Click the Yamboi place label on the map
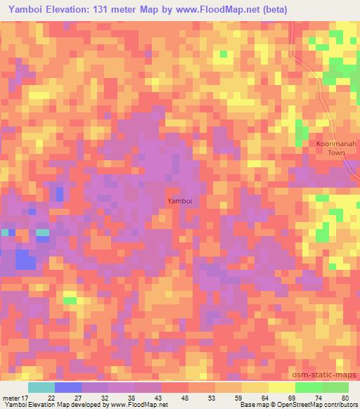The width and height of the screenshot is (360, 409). coord(177,201)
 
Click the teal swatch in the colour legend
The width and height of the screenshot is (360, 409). coord(41,388)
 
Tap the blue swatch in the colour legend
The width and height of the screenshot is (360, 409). coord(68,388)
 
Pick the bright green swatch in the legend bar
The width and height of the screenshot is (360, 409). coord(308,388)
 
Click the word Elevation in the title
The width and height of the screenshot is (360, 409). coord(72,9)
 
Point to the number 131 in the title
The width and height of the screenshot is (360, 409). coord(112,9)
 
